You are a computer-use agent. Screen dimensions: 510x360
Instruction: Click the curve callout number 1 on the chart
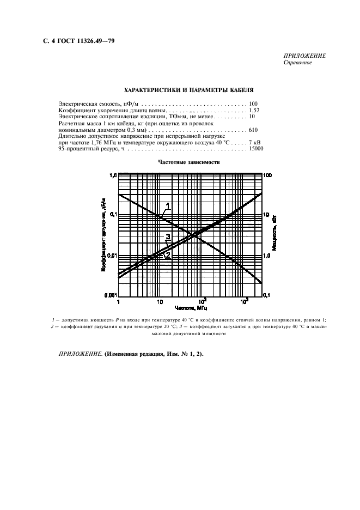(x=168, y=205)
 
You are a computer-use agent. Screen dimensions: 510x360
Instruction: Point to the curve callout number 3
(x=168, y=236)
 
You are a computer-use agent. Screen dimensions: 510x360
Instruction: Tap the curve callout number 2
(x=168, y=254)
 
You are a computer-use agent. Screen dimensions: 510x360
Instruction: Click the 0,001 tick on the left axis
(x=111, y=295)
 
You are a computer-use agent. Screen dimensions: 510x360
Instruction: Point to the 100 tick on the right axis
(x=267, y=175)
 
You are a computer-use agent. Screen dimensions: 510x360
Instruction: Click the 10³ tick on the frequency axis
(x=244, y=301)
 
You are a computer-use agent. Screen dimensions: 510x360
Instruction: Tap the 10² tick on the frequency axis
(x=202, y=301)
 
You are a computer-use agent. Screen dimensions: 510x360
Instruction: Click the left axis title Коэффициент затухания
(x=103, y=235)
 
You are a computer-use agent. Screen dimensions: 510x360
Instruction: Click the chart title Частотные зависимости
(x=190, y=162)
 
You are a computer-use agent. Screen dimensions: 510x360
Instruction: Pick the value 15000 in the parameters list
(x=256, y=149)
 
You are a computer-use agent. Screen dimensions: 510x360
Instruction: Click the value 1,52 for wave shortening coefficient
(x=254, y=110)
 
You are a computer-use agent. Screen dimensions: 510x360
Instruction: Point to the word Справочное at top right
(x=298, y=62)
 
